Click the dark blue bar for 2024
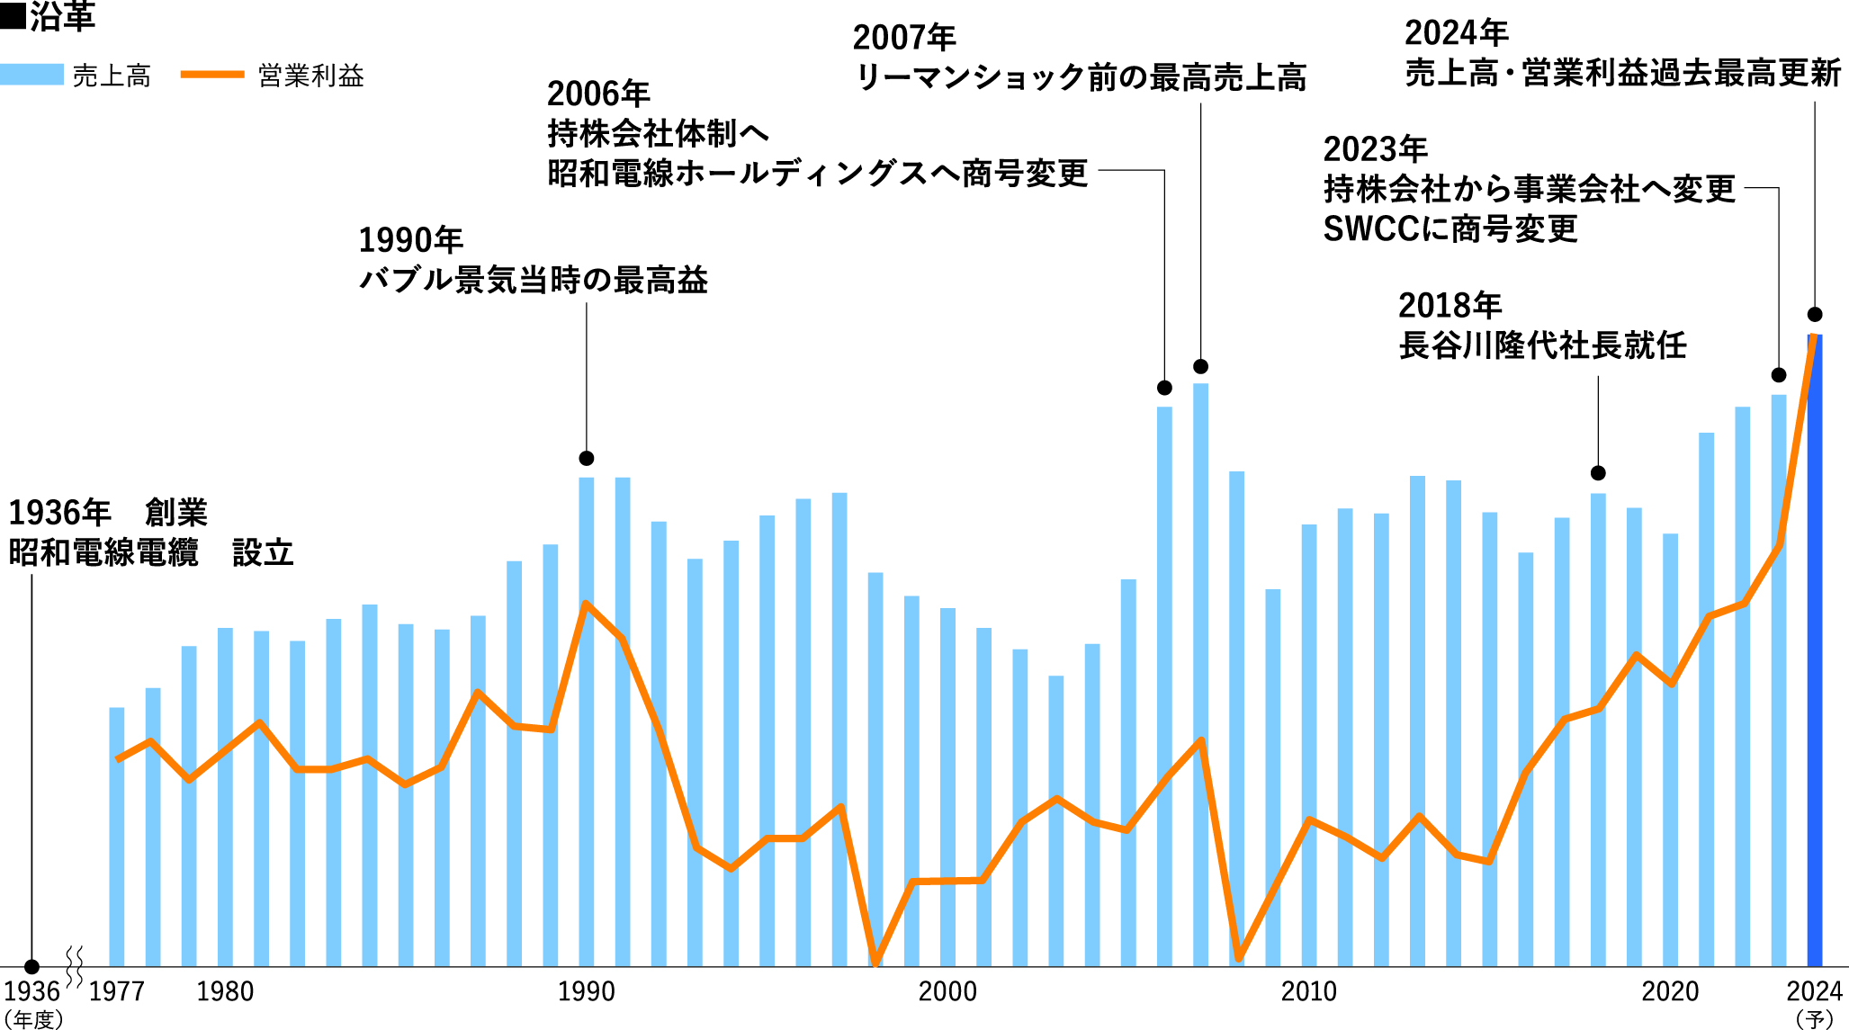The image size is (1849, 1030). (1815, 648)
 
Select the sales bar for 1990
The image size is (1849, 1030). (587, 720)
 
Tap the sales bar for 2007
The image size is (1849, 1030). (1201, 675)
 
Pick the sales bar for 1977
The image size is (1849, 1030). (117, 837)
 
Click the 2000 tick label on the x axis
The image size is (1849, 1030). (947, 991)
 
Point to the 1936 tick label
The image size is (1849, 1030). (31, 991)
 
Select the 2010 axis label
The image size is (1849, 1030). (1308, 991)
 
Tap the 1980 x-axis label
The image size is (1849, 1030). (225, 991)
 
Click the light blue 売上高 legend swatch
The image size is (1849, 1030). (31, 75)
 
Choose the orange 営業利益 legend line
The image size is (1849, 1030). (212, 75)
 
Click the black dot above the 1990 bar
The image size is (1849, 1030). (587, 459)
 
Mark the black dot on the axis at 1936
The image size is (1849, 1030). (31, 967)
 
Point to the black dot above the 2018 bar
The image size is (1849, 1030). (1598, 473)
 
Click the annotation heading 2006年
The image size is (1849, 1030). (598, 94)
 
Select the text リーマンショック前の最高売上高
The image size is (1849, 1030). (1080, 77)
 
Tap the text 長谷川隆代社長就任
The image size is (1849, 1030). (1542, 345)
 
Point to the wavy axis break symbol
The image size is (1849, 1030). (76, 967)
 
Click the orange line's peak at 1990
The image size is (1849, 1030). (587, 603)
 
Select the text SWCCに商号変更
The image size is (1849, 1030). (1450, 229)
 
